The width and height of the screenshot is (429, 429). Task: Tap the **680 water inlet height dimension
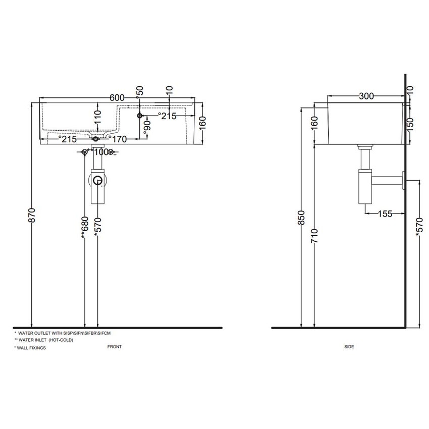click(x=84, y=228)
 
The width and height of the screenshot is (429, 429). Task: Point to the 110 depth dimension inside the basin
click(x=97, y=119)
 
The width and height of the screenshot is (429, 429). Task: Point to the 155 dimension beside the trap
click(x=385, y=213)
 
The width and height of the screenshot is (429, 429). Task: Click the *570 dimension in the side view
click(x=418, y=228)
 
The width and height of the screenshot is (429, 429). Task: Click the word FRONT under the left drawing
click(x=115, y=347)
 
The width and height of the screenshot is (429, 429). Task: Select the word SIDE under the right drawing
click(x=349, y=347)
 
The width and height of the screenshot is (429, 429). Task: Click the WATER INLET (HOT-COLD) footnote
click(x=44, y=340)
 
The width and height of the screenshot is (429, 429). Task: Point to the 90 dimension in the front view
click(x=147, y=126)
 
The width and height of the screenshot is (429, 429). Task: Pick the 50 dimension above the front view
click(x=140, y=91)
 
